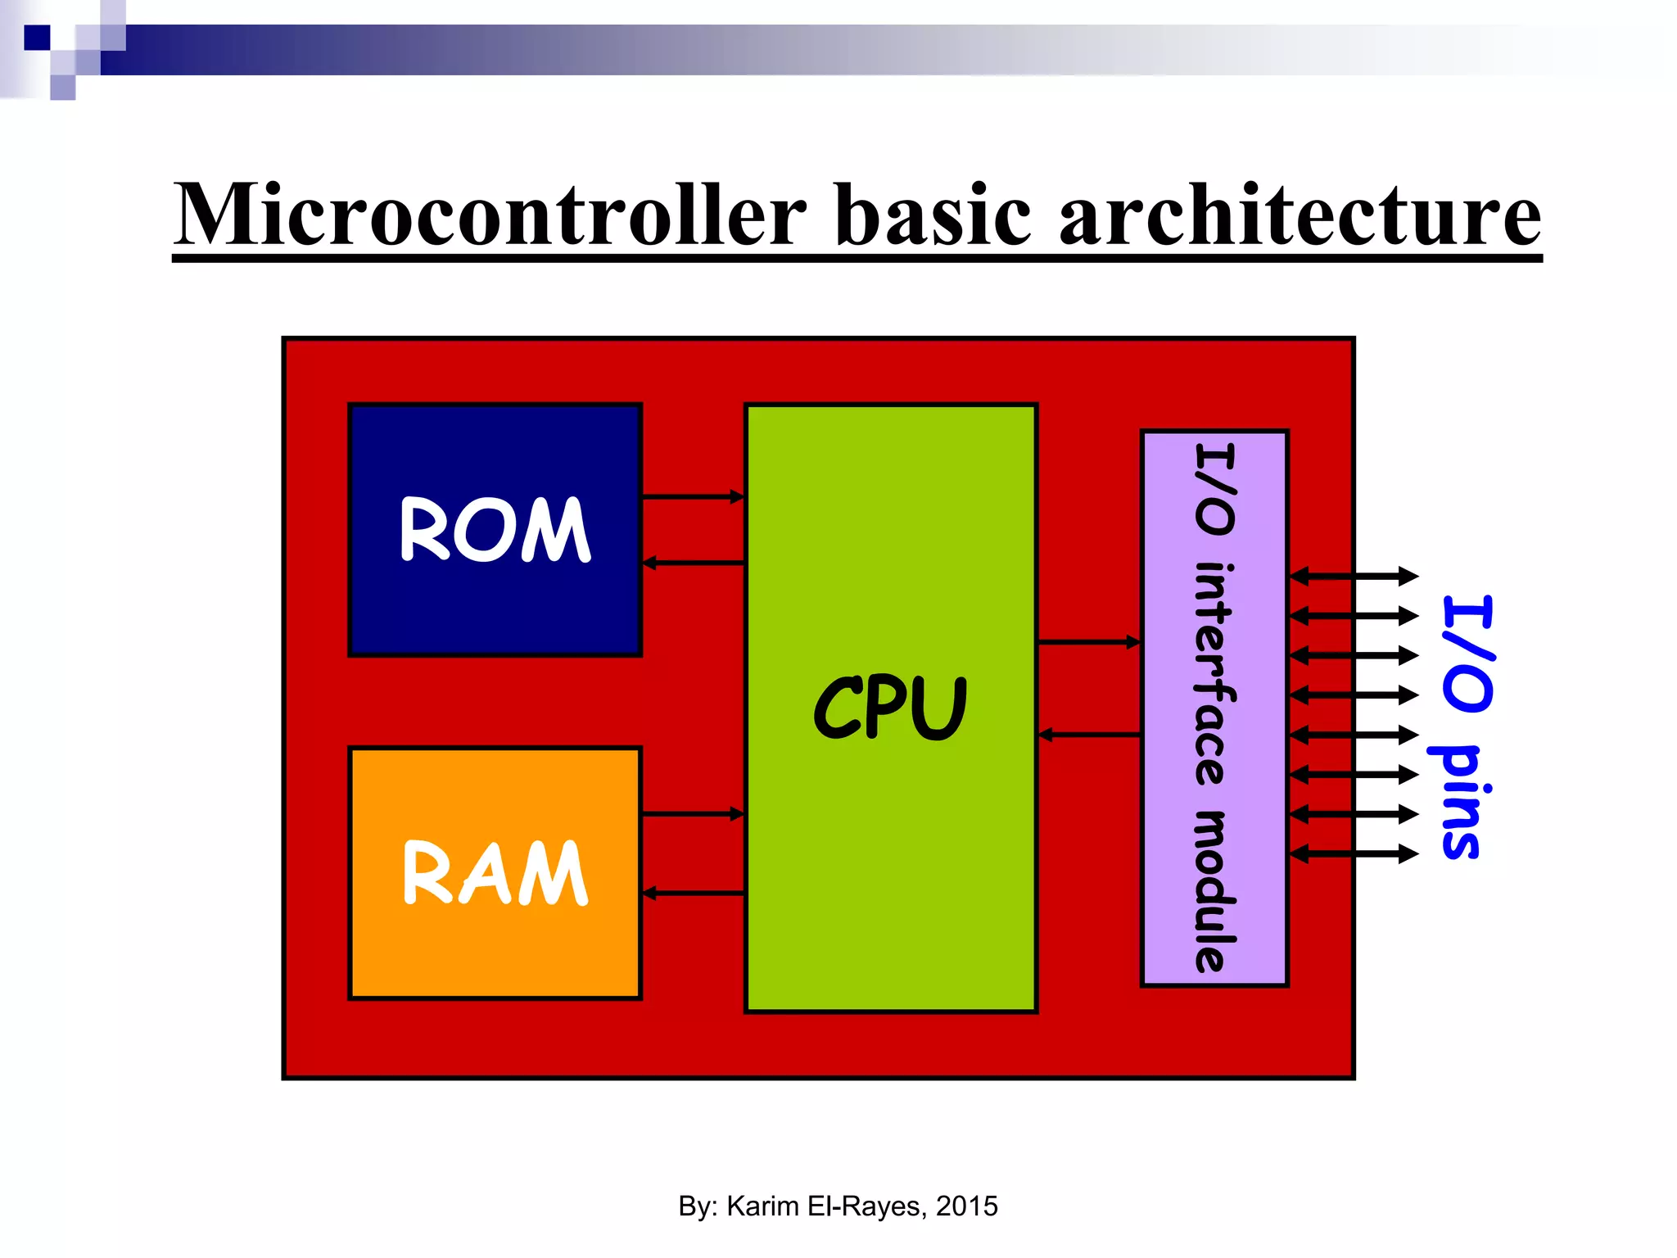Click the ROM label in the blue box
[x=495, y=531]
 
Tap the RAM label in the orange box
[x=495, y=874]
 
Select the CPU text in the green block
[x=890, y=708]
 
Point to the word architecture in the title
[x=1300, y=215]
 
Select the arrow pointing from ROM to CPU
[x=693, y=496]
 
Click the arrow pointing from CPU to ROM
[x=693, y=563]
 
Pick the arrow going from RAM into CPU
[x=693, y=813]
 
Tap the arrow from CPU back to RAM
[x=693, y=893]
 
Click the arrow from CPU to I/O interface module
[x=1089, y=642]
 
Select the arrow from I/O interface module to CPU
[x=1089, y=735]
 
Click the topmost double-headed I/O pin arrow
[x=1354, y=576]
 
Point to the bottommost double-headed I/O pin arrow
[x=1354, y=853]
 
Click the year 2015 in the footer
[x=966, y=1206]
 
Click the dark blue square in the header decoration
[x=37, y=38]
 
